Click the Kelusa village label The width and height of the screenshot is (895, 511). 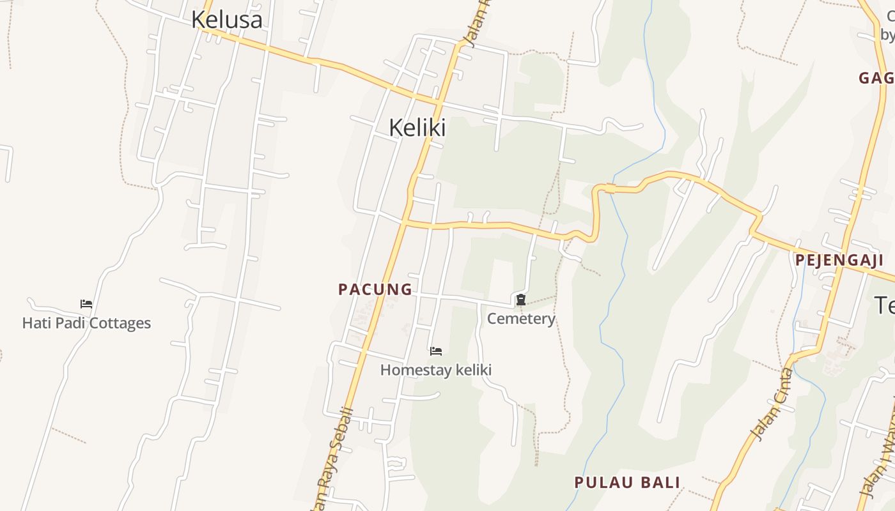[226, 19]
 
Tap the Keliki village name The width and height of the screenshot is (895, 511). [417, 128]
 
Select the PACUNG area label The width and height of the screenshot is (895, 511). [375, 289]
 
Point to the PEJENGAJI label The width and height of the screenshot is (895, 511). [839, 260]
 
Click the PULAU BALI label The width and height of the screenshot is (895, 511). [627, 482]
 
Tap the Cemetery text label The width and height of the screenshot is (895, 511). [521, 318]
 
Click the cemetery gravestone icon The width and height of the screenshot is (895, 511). [521, 299]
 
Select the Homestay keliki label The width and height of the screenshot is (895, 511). [435, 370]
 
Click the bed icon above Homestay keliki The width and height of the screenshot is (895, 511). [436, 351]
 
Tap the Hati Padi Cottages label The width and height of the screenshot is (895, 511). [86, 323]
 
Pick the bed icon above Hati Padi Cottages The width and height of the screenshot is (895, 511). [86, 303]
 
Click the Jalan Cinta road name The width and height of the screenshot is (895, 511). [772, 405]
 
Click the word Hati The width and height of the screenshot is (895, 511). [35, 323]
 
